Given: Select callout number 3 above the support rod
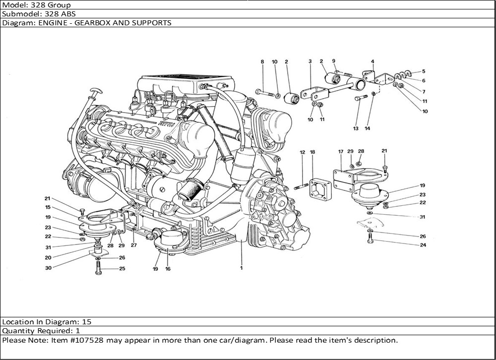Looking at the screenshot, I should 310,61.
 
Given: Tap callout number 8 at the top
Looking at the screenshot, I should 262,61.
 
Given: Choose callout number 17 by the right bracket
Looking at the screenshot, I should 341,151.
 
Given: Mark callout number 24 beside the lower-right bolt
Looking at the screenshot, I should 423,244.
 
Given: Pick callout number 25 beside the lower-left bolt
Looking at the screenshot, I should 122,269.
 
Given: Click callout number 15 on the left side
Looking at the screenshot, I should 48,207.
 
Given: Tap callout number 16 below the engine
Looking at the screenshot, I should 168,269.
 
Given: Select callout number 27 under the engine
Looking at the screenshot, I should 133,245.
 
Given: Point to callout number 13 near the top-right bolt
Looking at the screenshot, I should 356,128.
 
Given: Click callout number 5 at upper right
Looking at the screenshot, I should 423,71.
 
